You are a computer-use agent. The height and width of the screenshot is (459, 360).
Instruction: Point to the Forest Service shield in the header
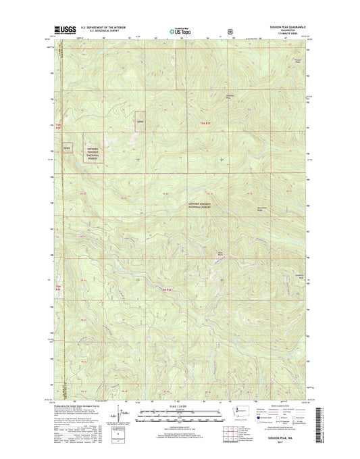pos(231,30)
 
